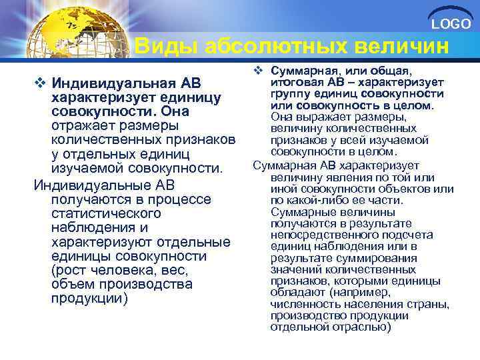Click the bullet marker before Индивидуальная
(39, 83)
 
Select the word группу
(291, 94)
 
